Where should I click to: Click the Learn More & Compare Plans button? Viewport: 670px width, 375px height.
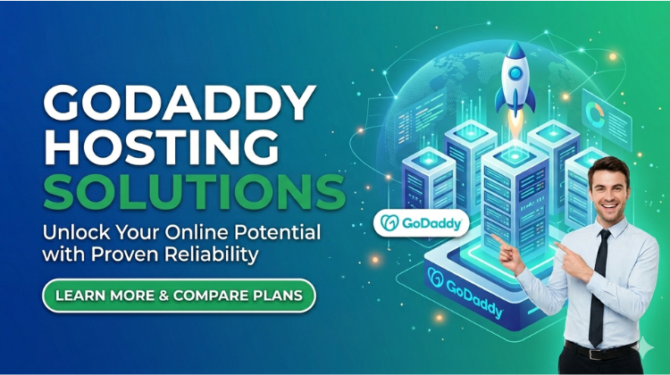179,295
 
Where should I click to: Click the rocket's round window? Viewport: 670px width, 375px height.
515,71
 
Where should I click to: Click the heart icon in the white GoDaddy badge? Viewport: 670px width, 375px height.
390,222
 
